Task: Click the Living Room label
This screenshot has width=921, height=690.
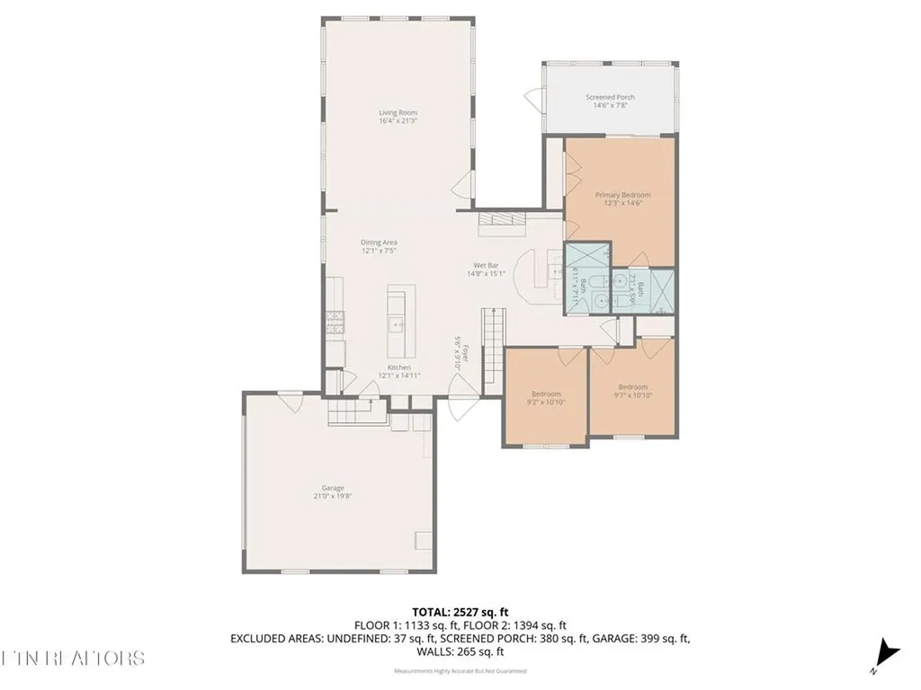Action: (x=398, y=112)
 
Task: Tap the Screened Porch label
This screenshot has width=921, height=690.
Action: (x=610, y=97)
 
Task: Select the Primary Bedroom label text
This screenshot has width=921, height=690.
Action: (x=622, y=195)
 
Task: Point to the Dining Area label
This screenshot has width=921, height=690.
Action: (x=379, y=243)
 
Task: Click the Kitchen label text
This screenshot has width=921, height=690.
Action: (x=398, y=367)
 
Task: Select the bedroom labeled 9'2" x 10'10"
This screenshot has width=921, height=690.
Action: (x=546, y=398)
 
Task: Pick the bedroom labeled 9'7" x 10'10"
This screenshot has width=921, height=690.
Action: (x=631, y=391)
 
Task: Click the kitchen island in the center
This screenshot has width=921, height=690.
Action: (x=396, y=323)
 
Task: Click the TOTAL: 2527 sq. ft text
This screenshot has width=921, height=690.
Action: (x=460, y=612)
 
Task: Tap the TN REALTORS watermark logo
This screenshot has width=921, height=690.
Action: (x=72, y=658)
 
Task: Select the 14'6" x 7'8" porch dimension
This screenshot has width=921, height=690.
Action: (x=610, y=105)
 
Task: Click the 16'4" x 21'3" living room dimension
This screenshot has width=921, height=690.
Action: (x=398, y=120)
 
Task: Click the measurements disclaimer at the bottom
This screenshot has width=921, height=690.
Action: (x=460, y=671)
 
